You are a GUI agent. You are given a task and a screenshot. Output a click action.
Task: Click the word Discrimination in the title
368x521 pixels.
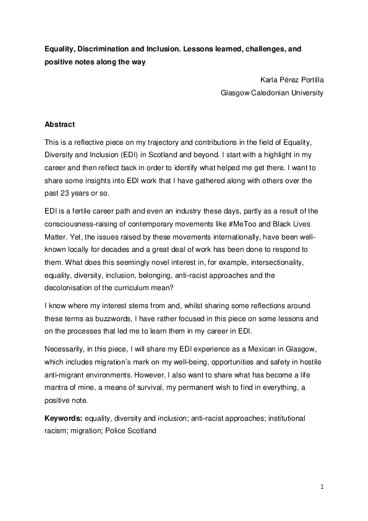109,48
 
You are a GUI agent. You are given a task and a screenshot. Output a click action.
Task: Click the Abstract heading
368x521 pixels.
60,124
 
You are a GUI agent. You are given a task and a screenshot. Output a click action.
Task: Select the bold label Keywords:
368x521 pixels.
64,418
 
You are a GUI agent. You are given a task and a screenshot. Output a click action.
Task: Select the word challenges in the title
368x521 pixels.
252,48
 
